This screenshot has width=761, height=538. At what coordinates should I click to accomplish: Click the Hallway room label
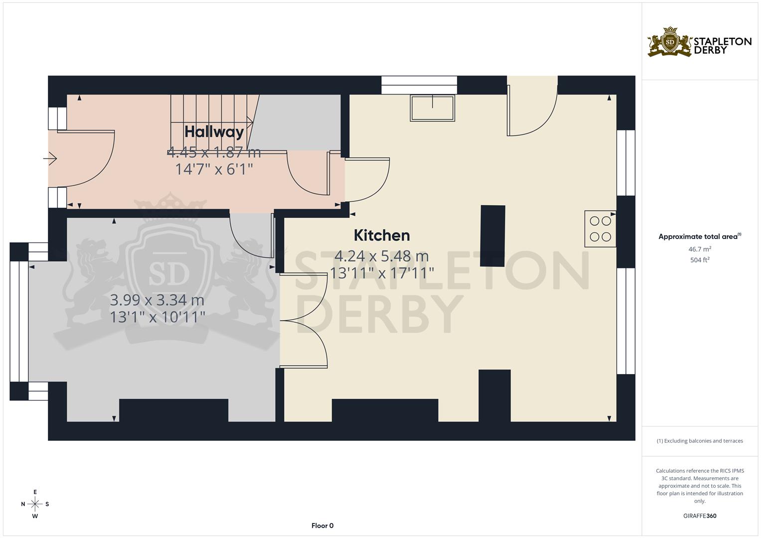click(x=214, y=132)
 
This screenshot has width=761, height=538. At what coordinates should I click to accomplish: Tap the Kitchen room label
click(x=382, y=235)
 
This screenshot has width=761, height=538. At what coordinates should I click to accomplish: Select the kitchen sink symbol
click(x=432, y=108)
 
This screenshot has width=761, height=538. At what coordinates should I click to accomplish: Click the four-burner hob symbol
click(x=600, y=229)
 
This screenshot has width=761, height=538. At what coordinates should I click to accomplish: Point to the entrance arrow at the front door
click(x=50, y=159)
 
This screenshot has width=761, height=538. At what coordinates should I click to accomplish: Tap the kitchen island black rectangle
click(x=492, y=236)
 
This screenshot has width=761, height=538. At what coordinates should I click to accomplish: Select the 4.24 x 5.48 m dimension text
click(x=381, y=256)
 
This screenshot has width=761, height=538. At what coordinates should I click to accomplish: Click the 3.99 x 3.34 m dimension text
click(x=157, y=300)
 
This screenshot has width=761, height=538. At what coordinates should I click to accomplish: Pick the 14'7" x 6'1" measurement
click(x=214, y=169)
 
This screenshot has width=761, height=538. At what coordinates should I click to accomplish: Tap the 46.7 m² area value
click(x=700, y=249)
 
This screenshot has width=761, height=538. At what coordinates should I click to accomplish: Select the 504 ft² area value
click(x=700, y=260)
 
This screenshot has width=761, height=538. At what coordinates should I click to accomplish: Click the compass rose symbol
click(x=35, y=504)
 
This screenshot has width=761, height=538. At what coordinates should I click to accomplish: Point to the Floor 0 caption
click(x=322, y=526)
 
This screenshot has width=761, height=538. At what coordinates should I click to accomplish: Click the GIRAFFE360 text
click(x=700, y=516)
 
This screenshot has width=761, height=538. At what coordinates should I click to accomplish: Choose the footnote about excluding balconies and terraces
click(x=700, y=441)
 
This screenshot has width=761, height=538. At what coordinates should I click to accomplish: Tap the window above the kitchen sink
click(x=419, y=85)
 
